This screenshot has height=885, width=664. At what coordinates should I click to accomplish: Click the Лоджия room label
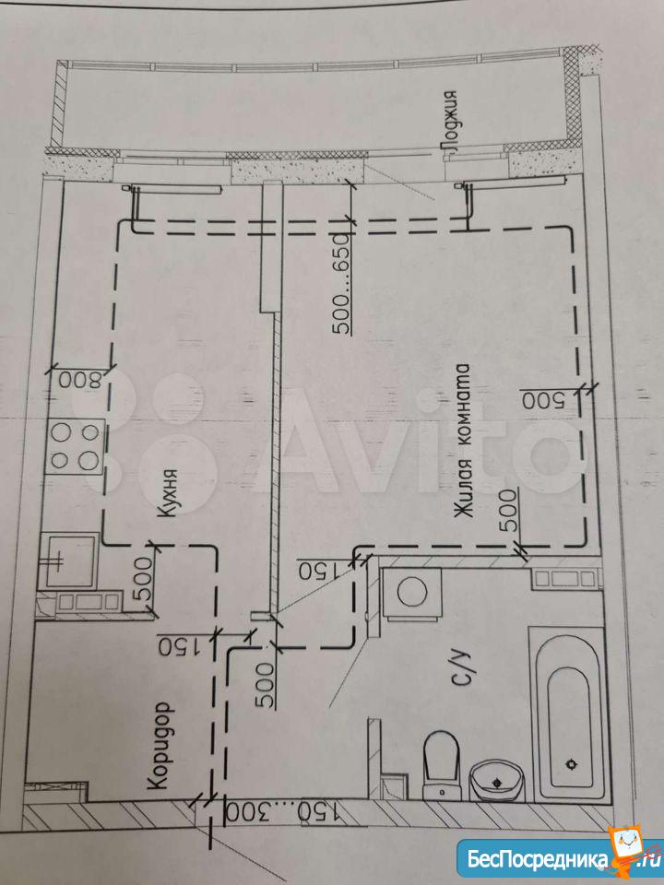pos(451,121)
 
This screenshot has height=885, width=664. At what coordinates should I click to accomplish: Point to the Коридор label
pos(159,745)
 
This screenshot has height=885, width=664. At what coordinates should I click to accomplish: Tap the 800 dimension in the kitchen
pos(79,379)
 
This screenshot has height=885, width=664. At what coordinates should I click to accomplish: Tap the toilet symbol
pos(441,765)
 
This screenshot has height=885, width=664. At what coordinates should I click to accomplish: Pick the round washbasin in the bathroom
pos(496,780)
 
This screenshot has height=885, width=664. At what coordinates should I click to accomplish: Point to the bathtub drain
pos(572,765)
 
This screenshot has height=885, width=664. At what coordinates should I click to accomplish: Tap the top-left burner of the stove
pos(61,433)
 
